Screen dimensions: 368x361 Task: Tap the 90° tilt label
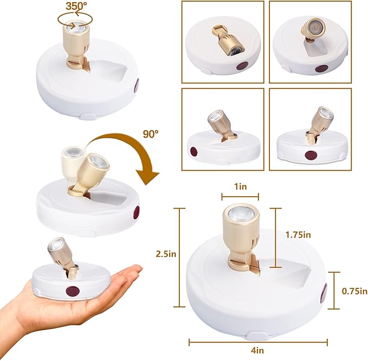click(151, 134)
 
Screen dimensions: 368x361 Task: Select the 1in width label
click(241, 186)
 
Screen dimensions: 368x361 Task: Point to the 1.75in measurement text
click(298, 235)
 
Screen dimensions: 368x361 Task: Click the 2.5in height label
click(166, 254)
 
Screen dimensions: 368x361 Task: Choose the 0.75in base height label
click(354, 291)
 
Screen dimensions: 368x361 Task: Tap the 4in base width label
click(257, 351)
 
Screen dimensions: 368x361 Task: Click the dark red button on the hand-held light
click(73, 291)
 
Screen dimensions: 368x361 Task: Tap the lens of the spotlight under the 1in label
click(241, 214)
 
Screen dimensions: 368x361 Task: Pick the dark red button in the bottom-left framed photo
click(193, 152)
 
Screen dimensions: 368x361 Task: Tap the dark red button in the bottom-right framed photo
click(311, 156)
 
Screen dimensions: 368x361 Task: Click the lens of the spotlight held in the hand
click(56, 243)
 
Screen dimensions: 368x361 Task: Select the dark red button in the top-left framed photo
click(242, 66)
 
